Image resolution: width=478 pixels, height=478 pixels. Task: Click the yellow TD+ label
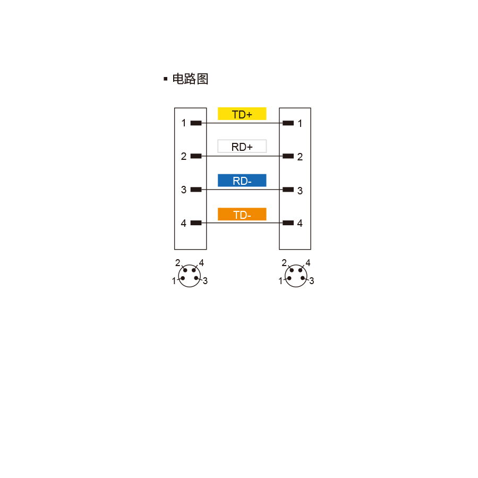pos(242,114)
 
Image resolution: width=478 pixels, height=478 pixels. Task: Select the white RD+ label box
pos(242,147)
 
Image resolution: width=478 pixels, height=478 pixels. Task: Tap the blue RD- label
pos(242,181)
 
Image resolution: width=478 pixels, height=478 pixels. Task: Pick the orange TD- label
pos(242,215)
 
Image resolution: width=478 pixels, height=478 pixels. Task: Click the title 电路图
pos(190,79)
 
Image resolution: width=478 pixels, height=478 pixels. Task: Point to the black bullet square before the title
pos(166,79)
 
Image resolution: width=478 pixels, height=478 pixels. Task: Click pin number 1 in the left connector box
pos(184,123)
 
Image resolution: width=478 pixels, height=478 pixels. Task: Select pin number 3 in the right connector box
pos(300,191)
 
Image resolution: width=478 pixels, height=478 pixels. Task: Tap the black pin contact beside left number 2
pos(196,156)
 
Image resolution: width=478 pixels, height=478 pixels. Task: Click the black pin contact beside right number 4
pos(288,223)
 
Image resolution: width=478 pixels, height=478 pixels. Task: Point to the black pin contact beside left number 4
pos(196,223)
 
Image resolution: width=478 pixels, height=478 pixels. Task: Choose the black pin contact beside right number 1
pos(288,123)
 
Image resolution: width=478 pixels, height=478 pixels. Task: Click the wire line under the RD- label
pos(242,190)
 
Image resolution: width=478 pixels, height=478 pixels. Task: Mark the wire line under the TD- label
pos(242,223)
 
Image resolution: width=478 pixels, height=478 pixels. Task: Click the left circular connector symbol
pos(189,276)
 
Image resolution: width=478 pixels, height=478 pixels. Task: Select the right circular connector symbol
pos(296,276)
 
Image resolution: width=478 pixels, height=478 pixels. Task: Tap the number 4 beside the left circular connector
pos(201,263)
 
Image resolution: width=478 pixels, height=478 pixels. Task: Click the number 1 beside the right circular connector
pos(280,281)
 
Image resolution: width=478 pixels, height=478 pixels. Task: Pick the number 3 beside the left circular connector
pos(205,281)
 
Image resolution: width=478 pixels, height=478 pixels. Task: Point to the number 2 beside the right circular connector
pos(284,263)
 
